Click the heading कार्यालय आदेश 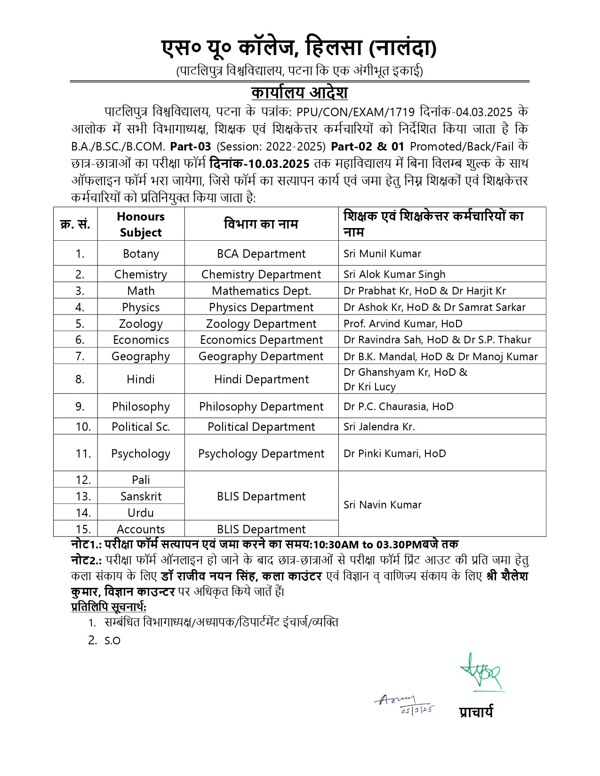[299, 92]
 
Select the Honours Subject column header [141, 224]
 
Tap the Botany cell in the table [141, 253]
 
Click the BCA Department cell [261, 253]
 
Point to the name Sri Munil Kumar [382, 253]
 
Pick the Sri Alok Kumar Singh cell [394, 274]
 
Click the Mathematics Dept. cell [261, 291]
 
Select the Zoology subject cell [141, 324]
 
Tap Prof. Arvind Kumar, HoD [403, 324]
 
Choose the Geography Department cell [261, 356]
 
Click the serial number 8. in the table [80, 379]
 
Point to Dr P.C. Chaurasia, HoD [398, 406]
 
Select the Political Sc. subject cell [141, 427]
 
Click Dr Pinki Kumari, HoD [394, 453]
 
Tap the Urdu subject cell [141, 512]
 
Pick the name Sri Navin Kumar [382, 505]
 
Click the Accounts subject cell [141, 529]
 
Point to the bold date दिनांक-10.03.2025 [259, 164]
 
